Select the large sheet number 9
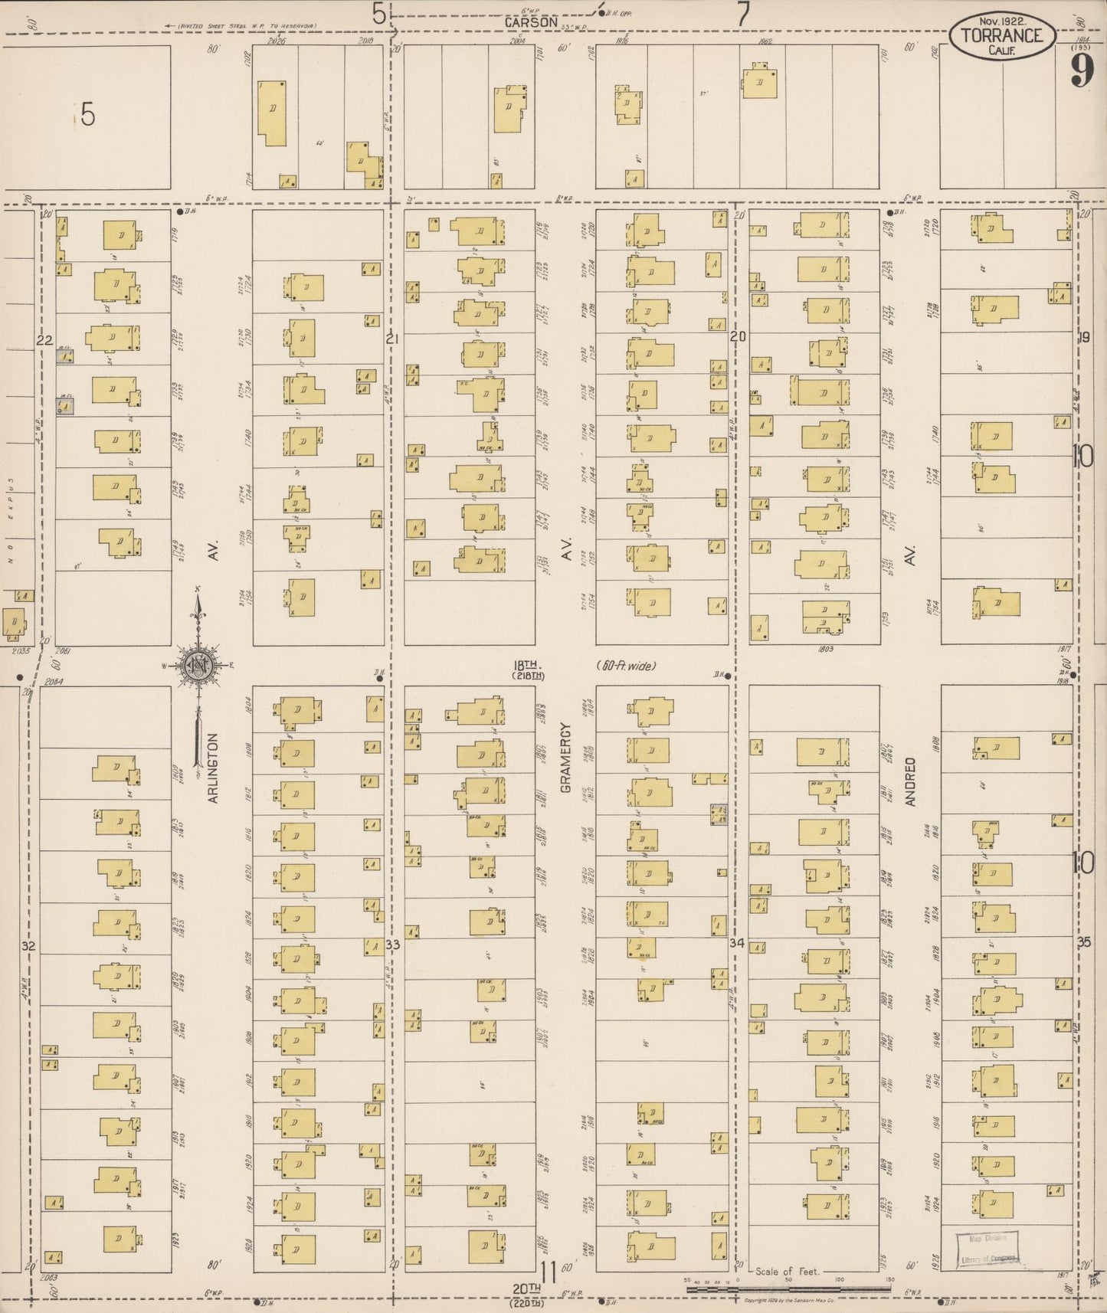pos(1082,73)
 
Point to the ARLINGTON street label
pos(213,768)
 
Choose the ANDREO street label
pos(910,781)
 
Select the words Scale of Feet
pos(788,1271)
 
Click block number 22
pos(44,339)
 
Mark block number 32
pos(29,946)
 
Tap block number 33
pos(393,945)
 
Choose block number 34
pos(737,943)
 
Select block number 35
pos(1083,942)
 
